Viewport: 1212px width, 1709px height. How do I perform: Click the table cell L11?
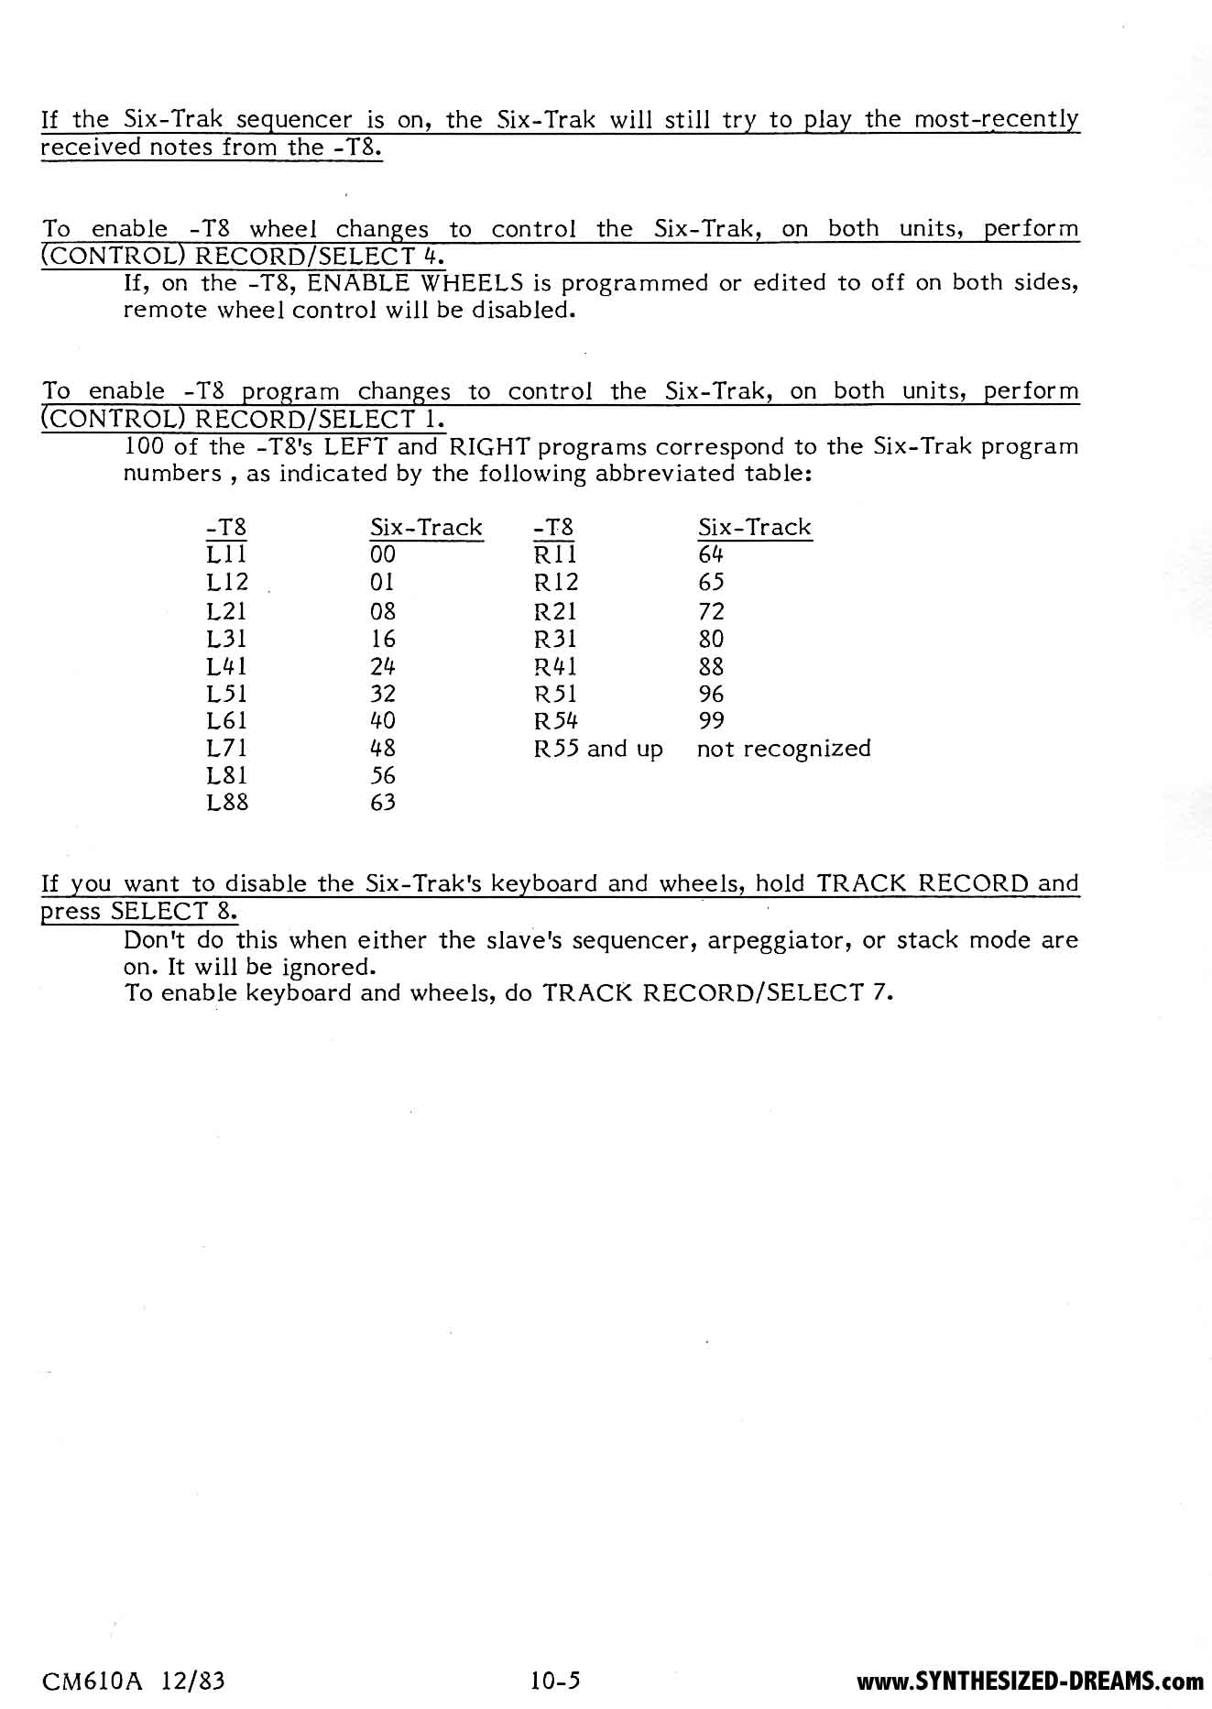click(226, 555)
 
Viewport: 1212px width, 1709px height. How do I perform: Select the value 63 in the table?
click(383, 804)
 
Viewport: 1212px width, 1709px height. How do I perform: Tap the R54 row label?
click(555, 721)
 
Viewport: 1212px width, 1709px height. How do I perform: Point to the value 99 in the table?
click(711, 721)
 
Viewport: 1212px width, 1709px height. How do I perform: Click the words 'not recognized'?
click(783, 749)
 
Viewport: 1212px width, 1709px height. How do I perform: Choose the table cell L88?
click(227, 804)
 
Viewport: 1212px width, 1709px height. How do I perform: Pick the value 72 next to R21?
click(711, 611)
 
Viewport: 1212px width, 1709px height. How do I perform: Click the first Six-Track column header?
click(426, 528)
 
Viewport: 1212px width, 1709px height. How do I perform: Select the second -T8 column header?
click(553, 528)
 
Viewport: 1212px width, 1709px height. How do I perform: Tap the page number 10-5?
click(555, 1681)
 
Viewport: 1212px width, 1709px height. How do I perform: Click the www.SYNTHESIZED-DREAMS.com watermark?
click(1030, 1682)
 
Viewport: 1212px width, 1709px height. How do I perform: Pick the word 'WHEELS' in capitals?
click(470, 282)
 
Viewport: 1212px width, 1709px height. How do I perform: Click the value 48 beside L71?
click(383, 749)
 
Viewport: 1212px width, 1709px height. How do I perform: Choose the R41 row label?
click(555, 666)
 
